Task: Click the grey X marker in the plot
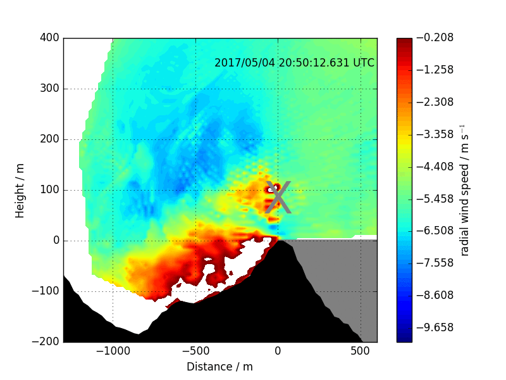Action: [278, 198]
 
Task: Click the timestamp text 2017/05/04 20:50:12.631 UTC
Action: [294, 63]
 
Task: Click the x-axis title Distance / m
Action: [219, 367]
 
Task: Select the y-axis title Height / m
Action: [20, 190]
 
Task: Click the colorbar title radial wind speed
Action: [465, 190]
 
